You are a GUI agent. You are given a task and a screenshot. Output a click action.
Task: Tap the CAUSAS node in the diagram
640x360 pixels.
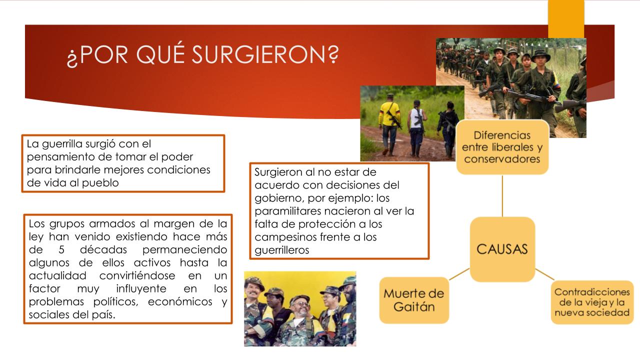[x=502, y=249]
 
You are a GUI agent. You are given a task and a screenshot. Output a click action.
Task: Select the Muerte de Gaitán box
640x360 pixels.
[x=414, y=300]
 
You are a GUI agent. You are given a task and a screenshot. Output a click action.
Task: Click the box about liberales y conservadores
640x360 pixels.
[x=502, y=147]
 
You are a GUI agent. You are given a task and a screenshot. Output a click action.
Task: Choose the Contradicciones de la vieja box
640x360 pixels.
[x=592, y=302]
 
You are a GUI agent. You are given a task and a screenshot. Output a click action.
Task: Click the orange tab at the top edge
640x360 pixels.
[x=566, y=19]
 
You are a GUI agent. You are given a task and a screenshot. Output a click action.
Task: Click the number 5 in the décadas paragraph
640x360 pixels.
[x=61, y=249]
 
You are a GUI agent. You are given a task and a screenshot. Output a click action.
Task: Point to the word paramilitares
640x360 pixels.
[x=287, y=211]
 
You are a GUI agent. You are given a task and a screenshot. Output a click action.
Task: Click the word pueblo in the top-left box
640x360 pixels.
[x=100, y=183]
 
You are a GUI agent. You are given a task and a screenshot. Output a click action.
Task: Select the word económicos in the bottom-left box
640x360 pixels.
[x=180, y=301]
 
